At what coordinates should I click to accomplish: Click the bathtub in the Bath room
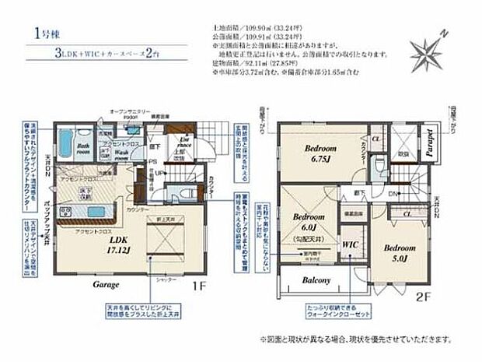(x=65, y=143)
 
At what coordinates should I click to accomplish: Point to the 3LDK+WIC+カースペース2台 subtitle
(x=117, y=56)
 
